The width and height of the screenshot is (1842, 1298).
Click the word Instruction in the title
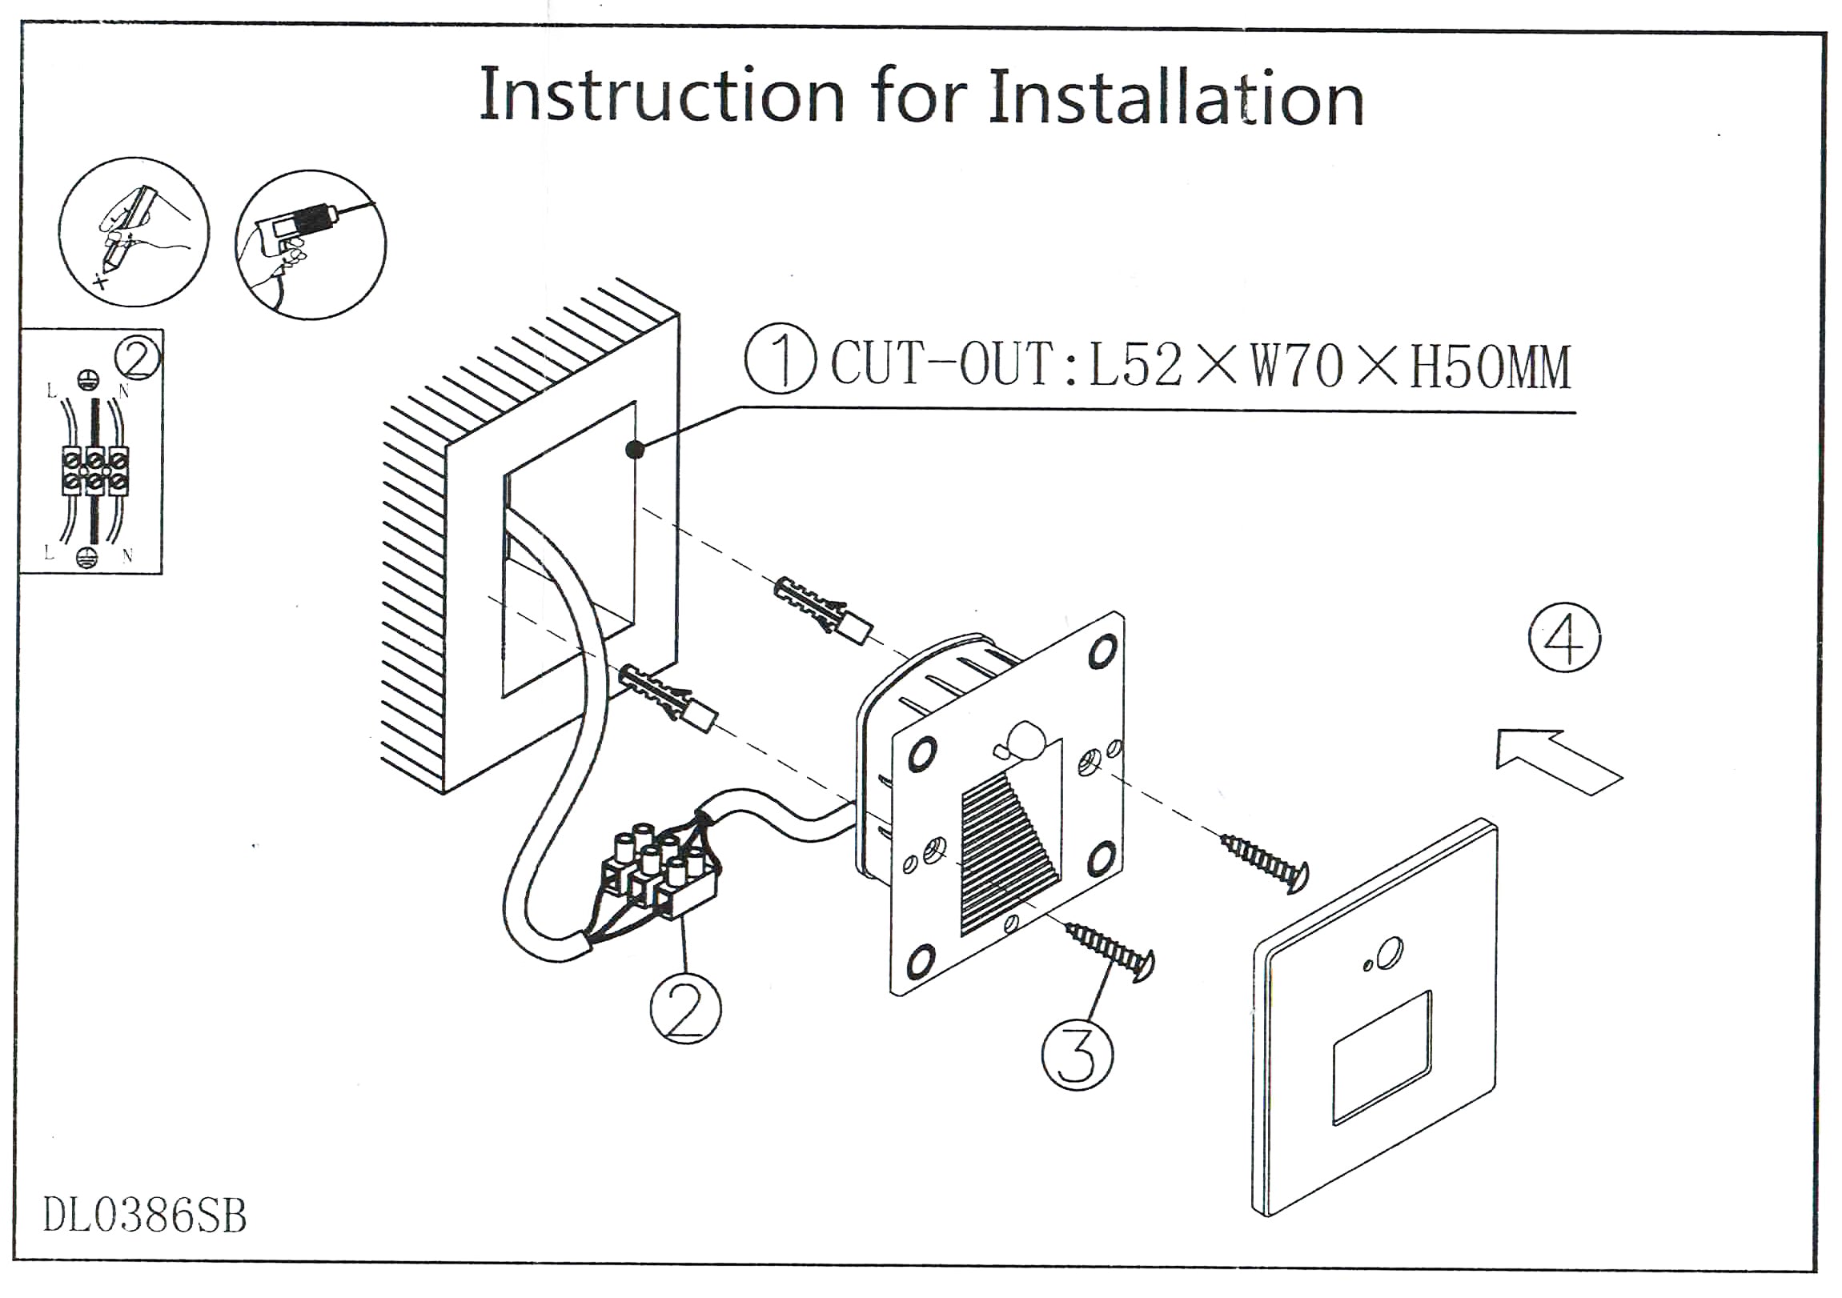pos(662,96)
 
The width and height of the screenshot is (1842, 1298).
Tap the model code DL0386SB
pos(144,1216)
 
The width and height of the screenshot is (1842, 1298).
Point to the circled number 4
pos(1563,639)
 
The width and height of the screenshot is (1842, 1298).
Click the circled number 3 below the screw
pos(1077,1053)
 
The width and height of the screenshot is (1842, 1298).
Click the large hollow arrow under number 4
pos(1556,759)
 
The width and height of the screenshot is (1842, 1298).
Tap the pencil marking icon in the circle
pos(133,232)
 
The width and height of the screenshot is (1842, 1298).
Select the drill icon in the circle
pos(311,244)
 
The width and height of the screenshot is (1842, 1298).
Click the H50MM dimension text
pos(1490,367)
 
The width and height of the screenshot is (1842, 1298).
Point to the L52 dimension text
pos(1135,366)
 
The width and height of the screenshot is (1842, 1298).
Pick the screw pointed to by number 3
pos(1109,951)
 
